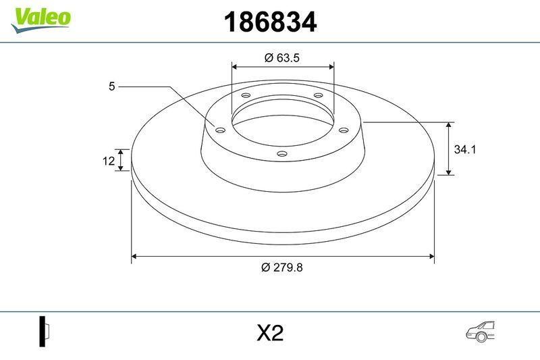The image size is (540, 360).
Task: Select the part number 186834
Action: click(x=269, y=23)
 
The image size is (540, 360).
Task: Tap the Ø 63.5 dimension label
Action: click(x=281, y=58)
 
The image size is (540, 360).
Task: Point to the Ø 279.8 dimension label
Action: click(x=282, y=267)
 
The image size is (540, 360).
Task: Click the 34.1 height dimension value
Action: click(x=465, y=150)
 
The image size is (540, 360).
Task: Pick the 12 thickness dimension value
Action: click(x=107, y=160)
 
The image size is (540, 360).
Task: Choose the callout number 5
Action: click(x=112, y=86)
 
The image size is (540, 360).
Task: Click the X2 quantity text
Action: click(x=269, y=333)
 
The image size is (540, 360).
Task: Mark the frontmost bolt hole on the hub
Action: click(x=282, y=155)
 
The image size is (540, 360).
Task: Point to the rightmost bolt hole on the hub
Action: click(x=343, y=130)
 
